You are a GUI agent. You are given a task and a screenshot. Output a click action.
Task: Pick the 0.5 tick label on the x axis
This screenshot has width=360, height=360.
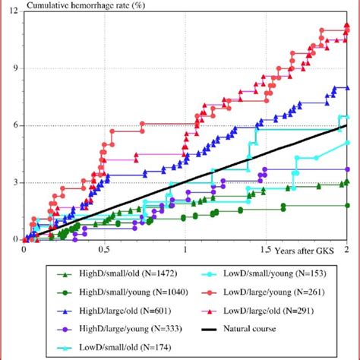(104, 249)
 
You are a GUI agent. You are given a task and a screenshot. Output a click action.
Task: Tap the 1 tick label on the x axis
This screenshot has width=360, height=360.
(185, 249)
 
